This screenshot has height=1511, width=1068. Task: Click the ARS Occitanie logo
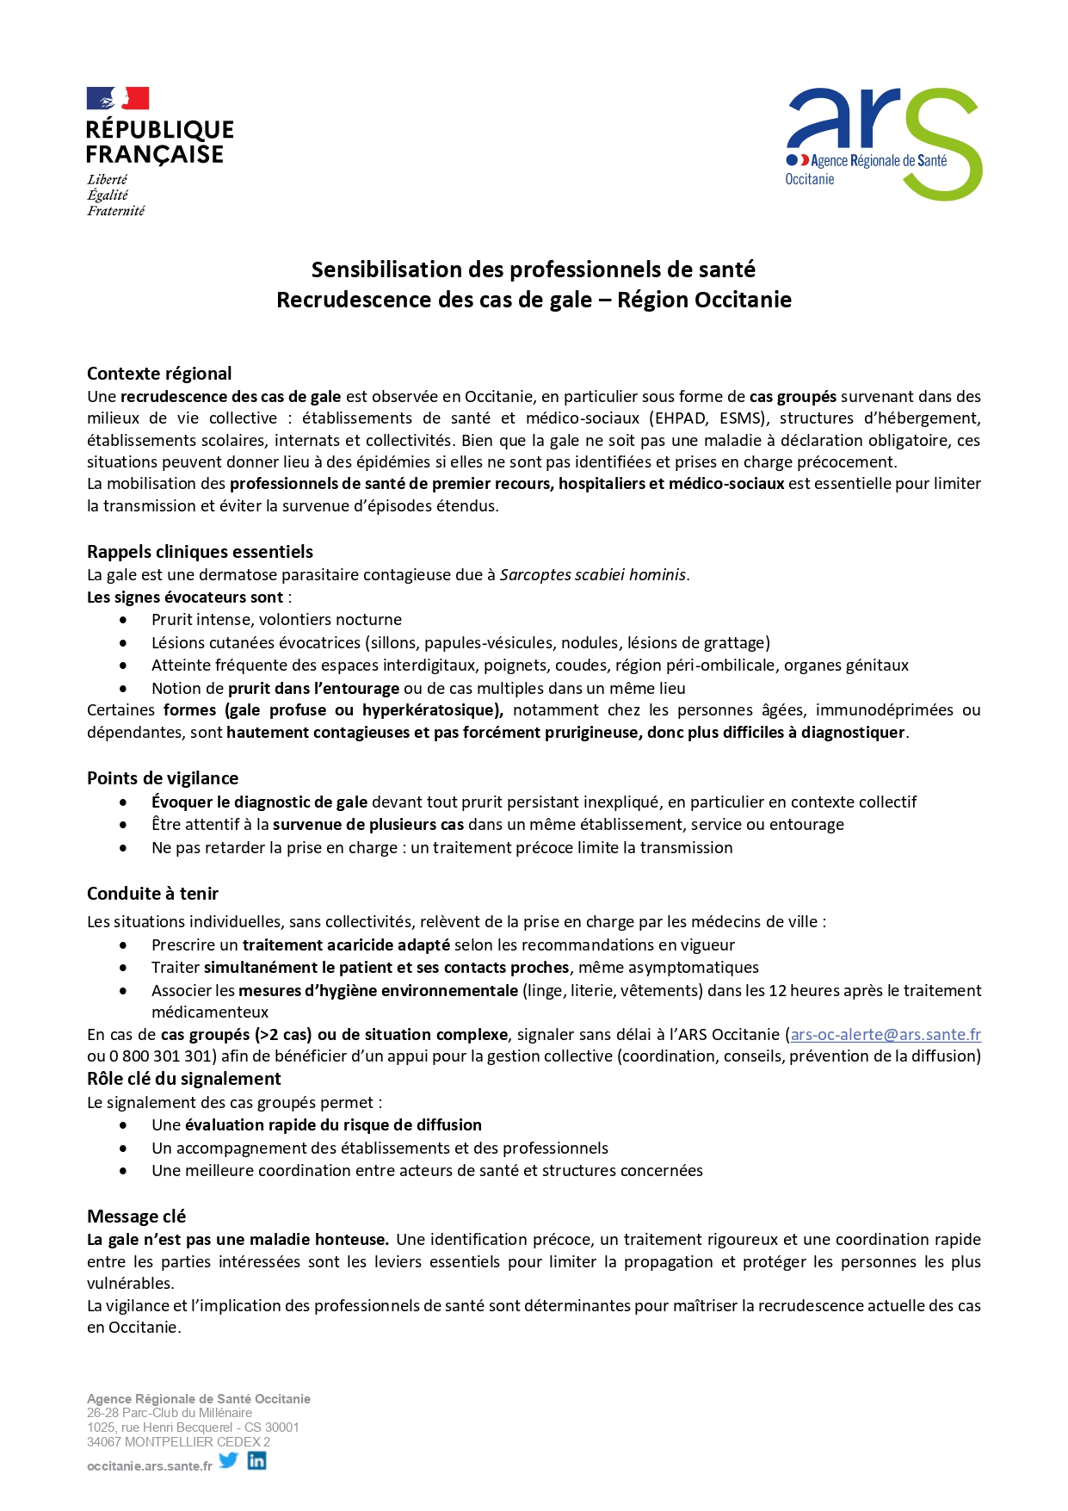pos(883,144)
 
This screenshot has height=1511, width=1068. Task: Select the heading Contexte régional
pos(159,374)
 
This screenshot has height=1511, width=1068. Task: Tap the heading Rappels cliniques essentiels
pos(200,552)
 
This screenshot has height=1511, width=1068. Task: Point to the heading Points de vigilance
pos(163,778)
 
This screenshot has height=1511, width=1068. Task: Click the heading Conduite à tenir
pos(152,894)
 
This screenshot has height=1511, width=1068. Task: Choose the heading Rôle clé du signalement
pos(183,1079)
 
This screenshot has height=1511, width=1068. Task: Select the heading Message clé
pos(136,1217)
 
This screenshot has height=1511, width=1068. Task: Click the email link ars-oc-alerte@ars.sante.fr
pos(886,1035)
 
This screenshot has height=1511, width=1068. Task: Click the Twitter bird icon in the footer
pos(228,1460)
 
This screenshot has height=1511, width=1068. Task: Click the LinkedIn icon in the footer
pos(256,1460)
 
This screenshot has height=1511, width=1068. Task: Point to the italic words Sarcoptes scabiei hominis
pos(593,575)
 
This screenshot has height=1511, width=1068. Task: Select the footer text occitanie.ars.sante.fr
pos(149,1466)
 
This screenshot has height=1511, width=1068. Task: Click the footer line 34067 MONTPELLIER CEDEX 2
pos(178,1442)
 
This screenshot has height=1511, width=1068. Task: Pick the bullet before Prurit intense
pos(124,620)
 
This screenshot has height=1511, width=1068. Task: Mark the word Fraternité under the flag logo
pos(115,211)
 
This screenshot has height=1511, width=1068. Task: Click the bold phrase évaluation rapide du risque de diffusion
pos(333,1125)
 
